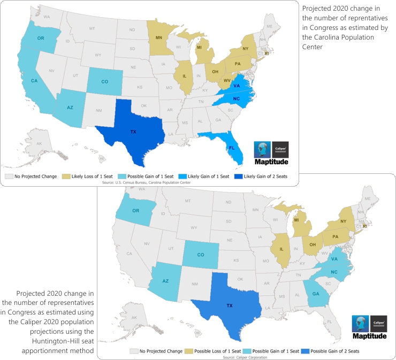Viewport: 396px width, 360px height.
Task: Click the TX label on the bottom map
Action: tap(230, 305)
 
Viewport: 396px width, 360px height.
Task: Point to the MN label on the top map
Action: tap(159, 37)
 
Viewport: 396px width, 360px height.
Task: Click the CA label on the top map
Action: tap(34, 81)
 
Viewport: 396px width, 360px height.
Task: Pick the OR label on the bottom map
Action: tap(136, 211)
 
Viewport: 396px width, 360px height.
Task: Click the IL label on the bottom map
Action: tap(281, 250)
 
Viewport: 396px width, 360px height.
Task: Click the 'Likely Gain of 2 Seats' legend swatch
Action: tap(239, 175)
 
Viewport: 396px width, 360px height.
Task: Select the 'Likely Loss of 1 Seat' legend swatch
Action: tap(67, 175)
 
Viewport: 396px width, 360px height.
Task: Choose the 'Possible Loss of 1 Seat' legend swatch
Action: tap(188, 351)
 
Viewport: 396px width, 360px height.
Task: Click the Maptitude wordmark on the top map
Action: tap(272, 162)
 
